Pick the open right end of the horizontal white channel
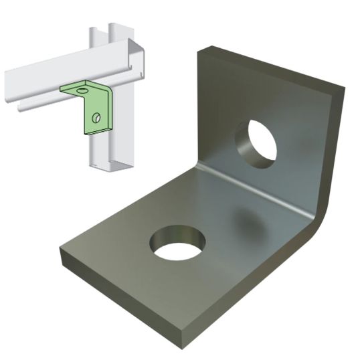pos(140,60)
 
